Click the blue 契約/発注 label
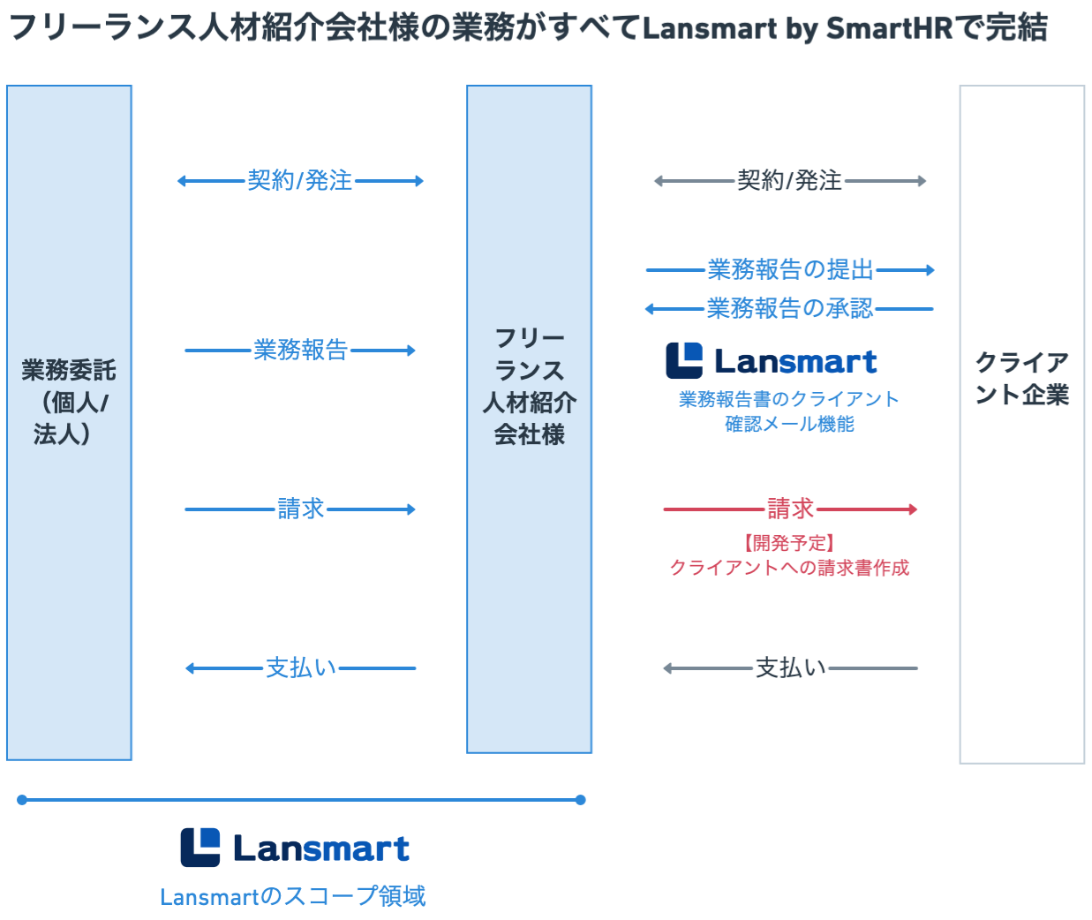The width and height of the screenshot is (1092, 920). [x=299, y=181]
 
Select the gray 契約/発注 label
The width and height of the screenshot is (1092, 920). [x=789, y=181]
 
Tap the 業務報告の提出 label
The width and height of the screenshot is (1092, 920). [x=790, y=270]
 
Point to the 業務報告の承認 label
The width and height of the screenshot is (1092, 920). [x=790, y=309]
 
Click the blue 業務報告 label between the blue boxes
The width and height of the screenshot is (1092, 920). [x=301, y=350]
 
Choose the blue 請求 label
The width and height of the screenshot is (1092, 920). [x=301, y=509]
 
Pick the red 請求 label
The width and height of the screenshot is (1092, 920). [x=790, y=509]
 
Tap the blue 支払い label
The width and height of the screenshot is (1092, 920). [x=301, y=667]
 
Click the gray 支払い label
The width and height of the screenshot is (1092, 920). [x=790, y=667]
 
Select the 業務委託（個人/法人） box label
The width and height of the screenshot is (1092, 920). [x=69, y=402]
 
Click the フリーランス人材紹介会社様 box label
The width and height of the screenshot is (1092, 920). [x=530, y=386]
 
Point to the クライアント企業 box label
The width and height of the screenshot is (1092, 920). [x=1022, y=378]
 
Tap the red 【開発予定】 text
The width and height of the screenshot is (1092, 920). [x=789, y=543]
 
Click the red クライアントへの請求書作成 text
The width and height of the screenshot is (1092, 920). [x=789, y=568]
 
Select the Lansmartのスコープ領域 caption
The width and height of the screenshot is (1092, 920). [x=293, y=896]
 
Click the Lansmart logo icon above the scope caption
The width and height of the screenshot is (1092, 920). [x=200, y=848]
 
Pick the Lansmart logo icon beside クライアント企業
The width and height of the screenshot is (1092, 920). [x=684, y=360]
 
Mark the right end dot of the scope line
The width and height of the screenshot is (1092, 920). [x=580, y=800]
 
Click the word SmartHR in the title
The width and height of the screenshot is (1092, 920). [x=889, y=28]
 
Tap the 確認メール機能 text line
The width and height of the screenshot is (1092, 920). [x=789, y=424]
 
